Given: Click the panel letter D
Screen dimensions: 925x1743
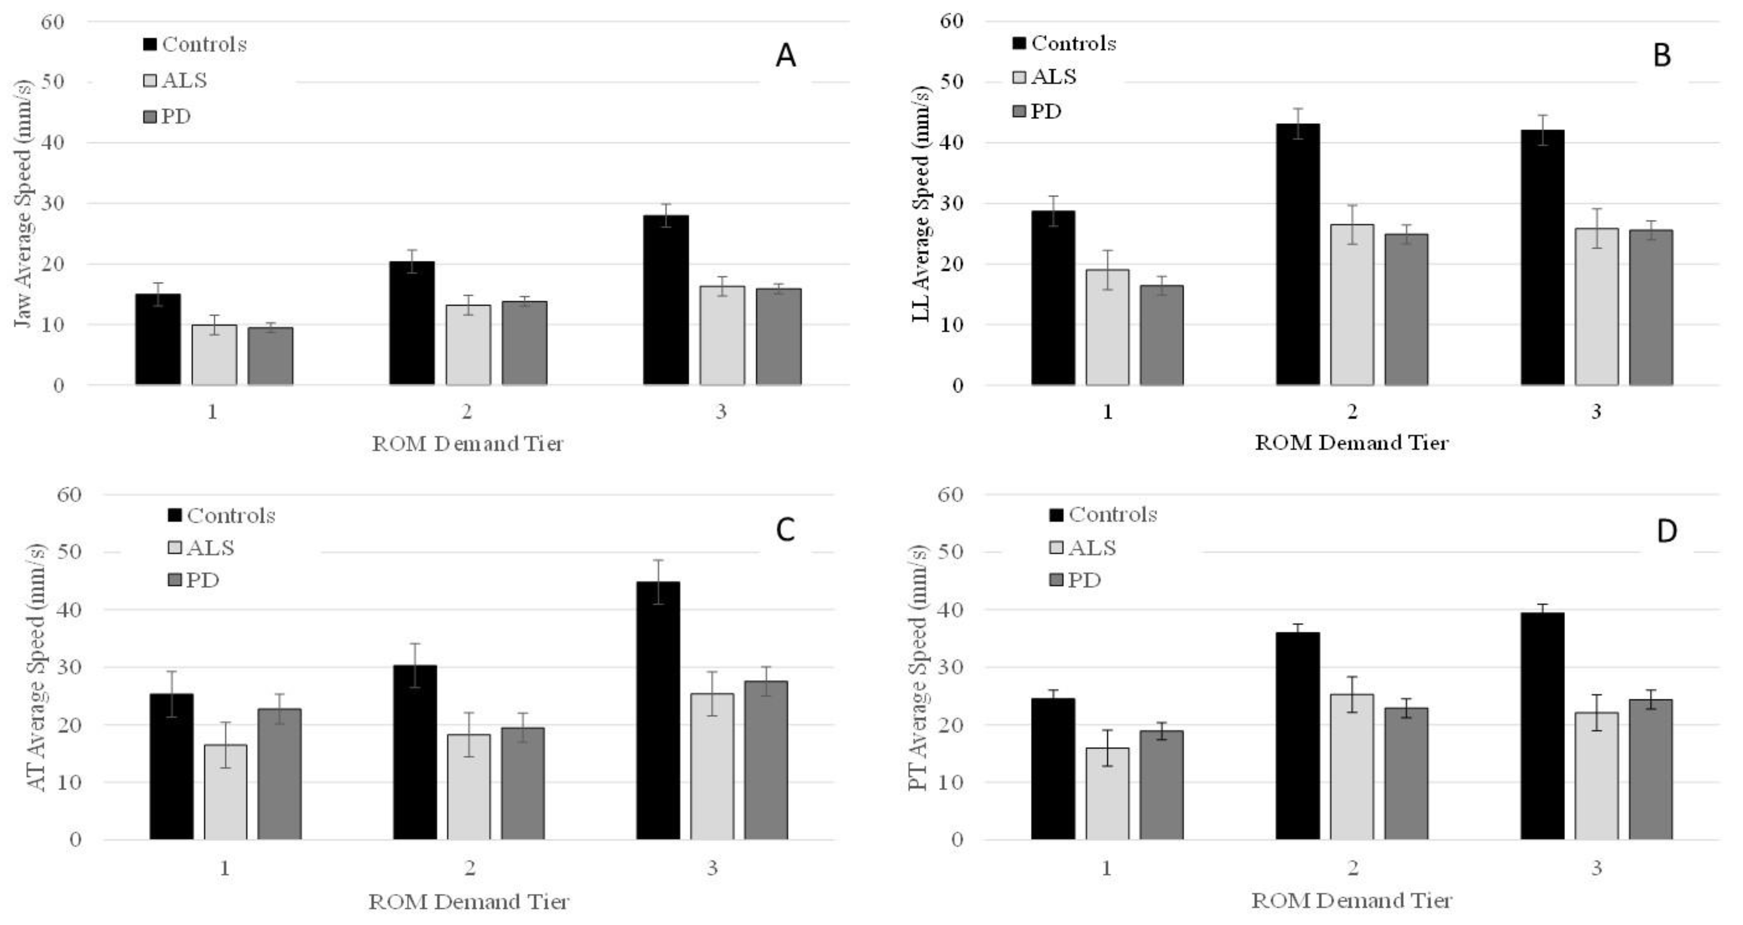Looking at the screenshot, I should [x=1666, y=531].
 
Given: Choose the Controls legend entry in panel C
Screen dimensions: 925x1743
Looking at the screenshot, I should [x=222, y=516].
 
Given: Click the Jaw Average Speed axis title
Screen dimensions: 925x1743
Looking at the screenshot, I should [x=23, y=203].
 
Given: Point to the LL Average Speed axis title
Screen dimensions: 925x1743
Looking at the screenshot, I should [x=922, y=203].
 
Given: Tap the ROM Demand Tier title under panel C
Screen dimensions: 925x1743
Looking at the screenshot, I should [x=468, y=901].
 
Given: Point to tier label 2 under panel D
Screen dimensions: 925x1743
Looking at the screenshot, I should [x=1352, y=868].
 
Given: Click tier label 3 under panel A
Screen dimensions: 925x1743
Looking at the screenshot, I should [x=721, y=412].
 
